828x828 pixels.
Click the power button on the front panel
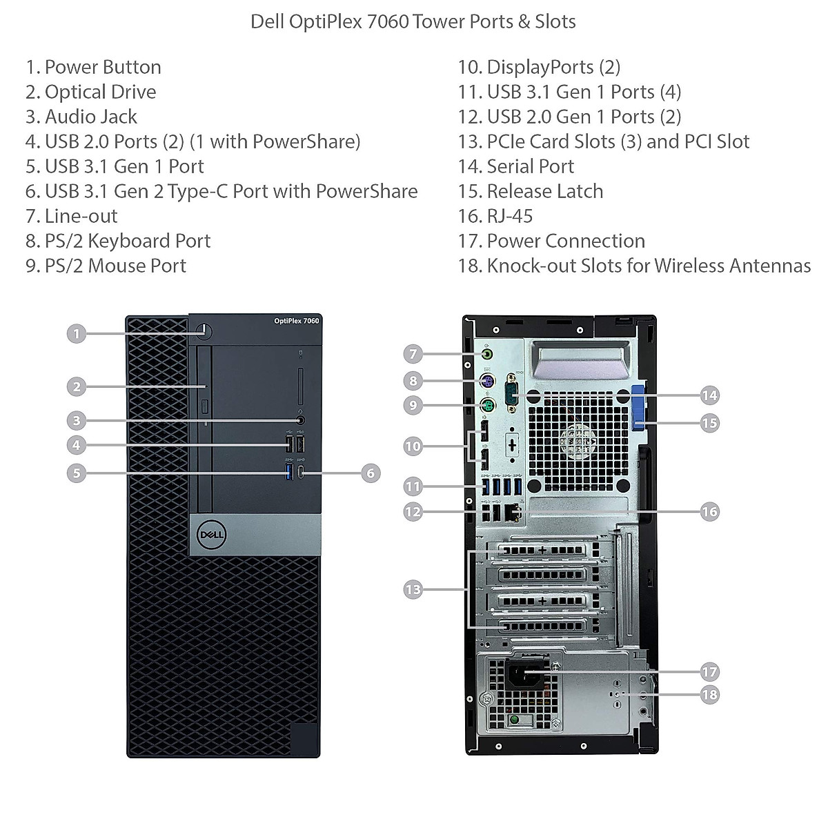(x=204, y=330)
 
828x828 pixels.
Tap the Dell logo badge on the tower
(x=210, y=534)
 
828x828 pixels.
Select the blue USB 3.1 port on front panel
(x=289, y=472)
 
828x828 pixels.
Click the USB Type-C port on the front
(x=302, y=472)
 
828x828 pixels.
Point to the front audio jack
(x=301, y=420)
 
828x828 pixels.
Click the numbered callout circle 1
(x=77, y=333)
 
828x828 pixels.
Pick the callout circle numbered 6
(x=371, y=473)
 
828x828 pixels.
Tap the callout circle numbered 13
(x=413, y=589)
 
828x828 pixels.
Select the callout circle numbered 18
(x=709, y=694)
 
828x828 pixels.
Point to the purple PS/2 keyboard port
(x=487, y=381)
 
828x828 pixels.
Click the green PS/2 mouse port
(x=487, y=405)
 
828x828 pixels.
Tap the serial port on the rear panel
(x=511, y=393)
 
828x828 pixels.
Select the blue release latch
(x=638, y=406)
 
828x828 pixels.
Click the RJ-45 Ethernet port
(x=512, y=511)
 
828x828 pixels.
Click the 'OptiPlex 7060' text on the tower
(x=297, y=321)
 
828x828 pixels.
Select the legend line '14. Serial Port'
(x=516, y=166)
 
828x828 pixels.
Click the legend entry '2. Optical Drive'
(x=90, y=92)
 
